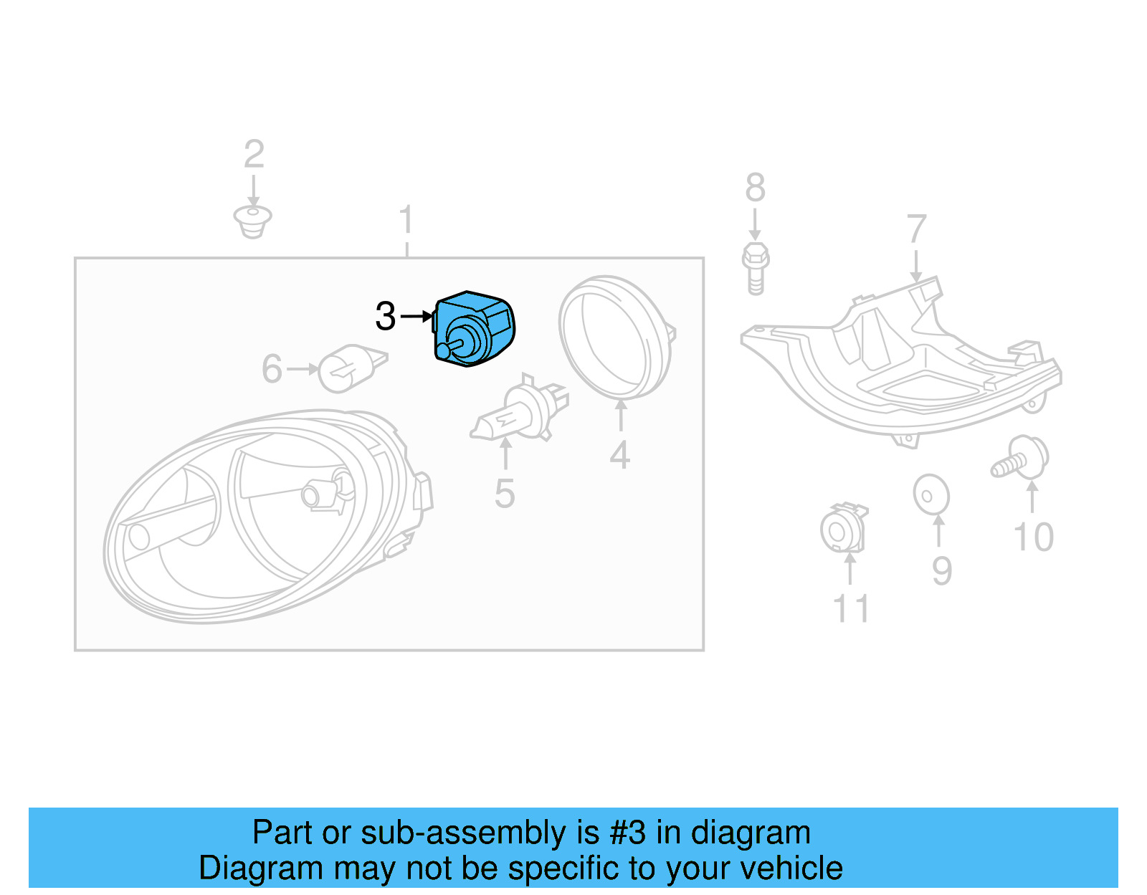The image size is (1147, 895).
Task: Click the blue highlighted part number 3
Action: [x=474, y=329]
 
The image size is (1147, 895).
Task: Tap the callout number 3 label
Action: [x=386, y=316]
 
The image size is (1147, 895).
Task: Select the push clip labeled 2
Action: [x=252, y=221]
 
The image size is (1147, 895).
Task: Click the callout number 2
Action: [x=254, y=154]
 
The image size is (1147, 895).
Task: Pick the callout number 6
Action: [x=272, y=369]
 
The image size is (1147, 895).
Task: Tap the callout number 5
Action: [x=505, y=494]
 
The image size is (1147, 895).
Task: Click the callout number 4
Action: [x=620, y=455]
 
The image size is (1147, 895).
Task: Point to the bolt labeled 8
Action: [x=755, y=269]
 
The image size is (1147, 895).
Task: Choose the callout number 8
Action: [x=755, y=188]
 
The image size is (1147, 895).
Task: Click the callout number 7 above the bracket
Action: [x=916, y=229]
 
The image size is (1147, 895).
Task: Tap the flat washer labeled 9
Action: [x=931, y=495]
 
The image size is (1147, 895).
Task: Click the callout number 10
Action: [x=1033, y=537]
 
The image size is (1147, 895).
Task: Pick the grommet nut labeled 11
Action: [x=843, y=529]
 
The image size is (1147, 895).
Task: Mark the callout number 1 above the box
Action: [x=406, y=219]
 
